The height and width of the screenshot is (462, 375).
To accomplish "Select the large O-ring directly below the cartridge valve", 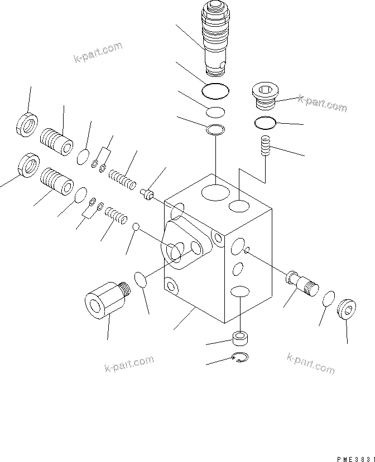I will click(x=215, y=90).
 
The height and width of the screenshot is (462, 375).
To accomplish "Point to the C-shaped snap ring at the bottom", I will click(x=241, y=358).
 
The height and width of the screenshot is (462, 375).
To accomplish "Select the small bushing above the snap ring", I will click(x=240, y=338).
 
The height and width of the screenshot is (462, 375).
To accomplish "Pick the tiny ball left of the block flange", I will click(x=135, y=226).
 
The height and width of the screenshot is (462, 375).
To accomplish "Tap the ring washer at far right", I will click(x=347, y=309).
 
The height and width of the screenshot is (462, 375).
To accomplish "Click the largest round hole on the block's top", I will click(x=215, y=193).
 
